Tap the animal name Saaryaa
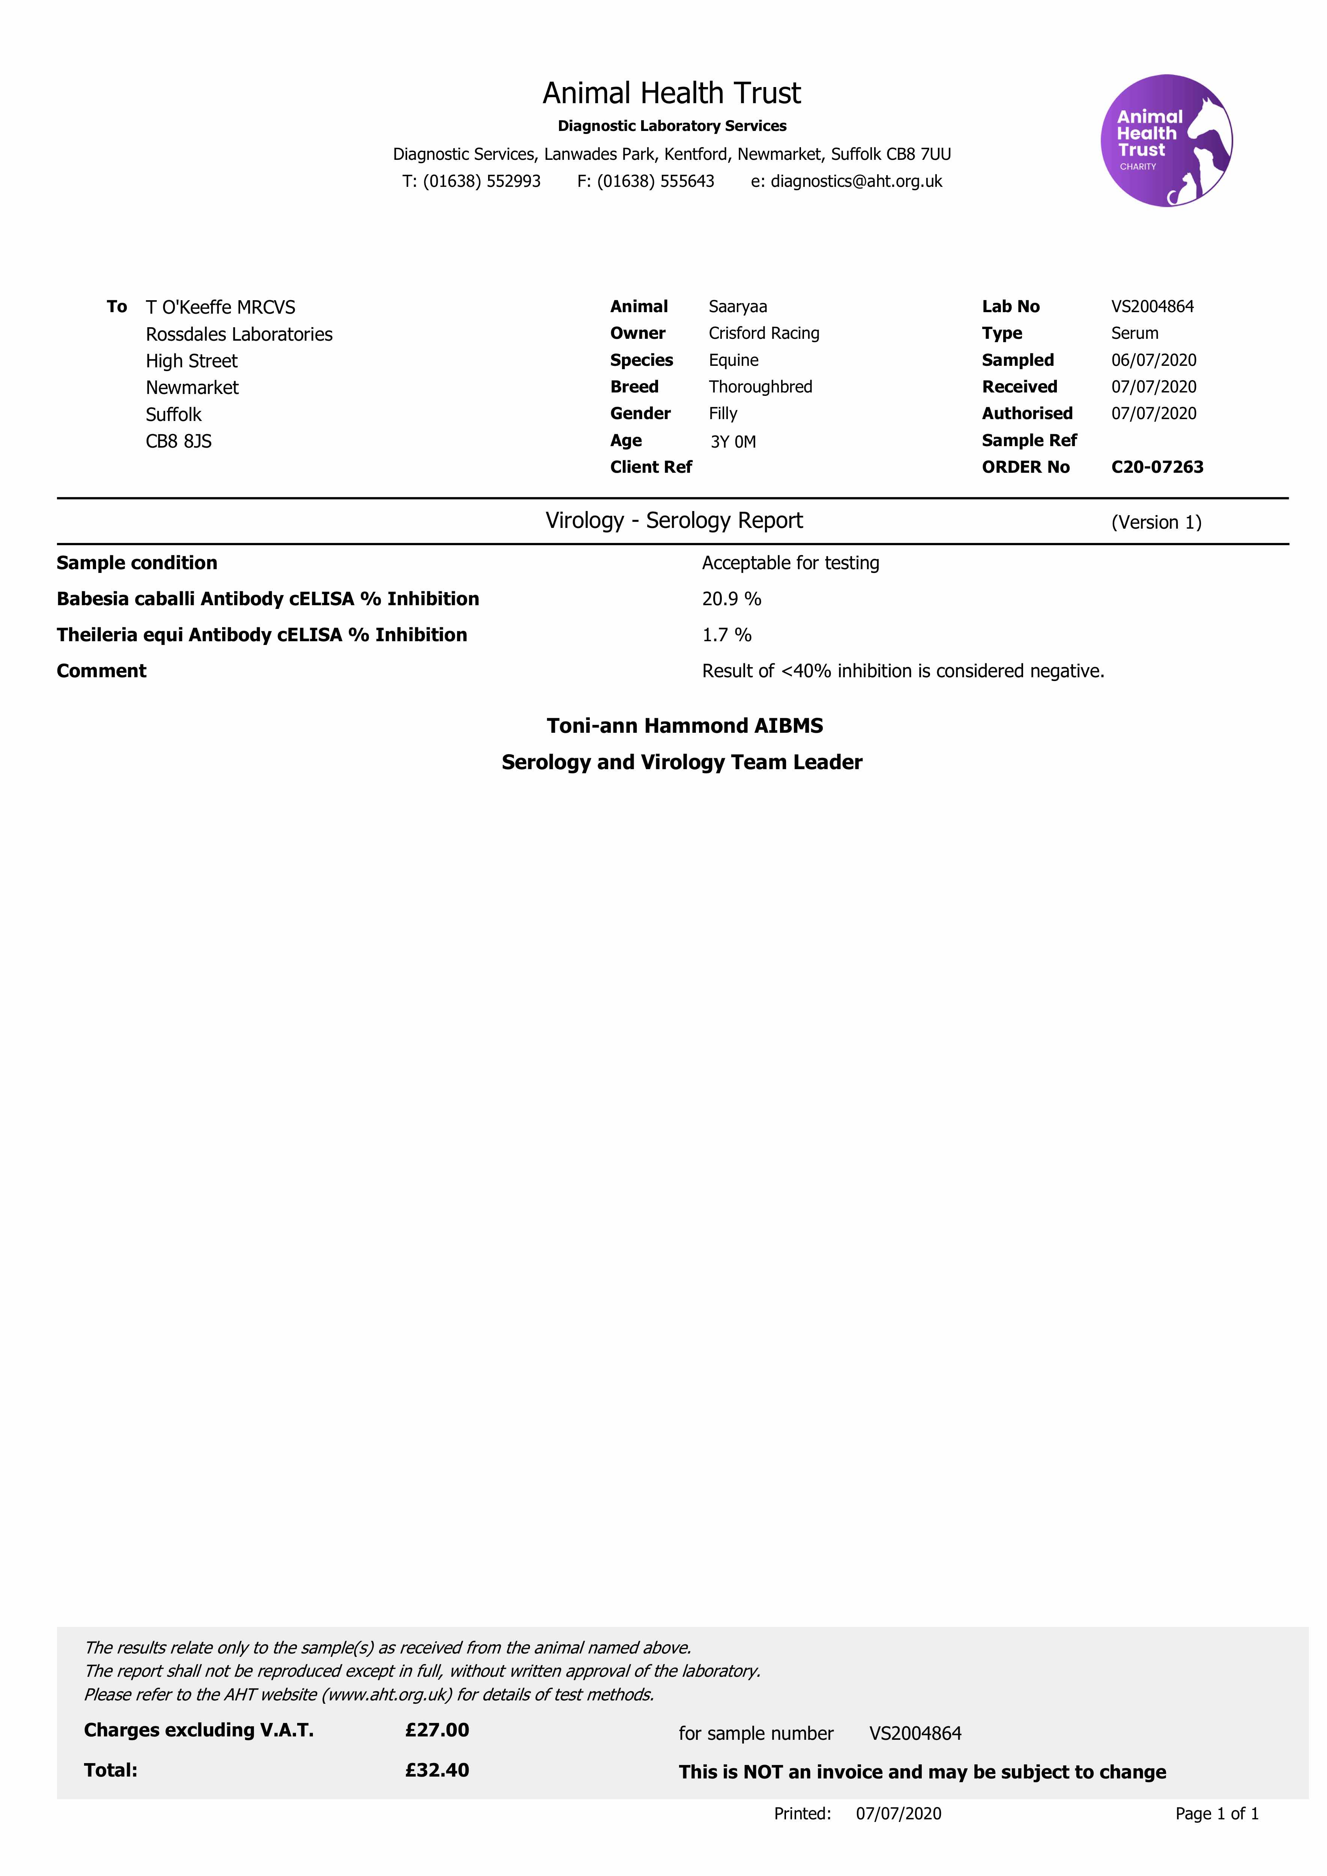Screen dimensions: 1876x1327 tap(738, 307)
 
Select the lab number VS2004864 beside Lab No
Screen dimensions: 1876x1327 tap(1152, 307)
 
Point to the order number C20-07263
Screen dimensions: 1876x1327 tap(1157, 467)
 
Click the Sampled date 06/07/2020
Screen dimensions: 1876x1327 tap(1153, 360)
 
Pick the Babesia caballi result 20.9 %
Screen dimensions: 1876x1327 tap(731, 599)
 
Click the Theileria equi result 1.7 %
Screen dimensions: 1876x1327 tap(726, 635)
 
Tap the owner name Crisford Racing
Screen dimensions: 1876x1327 tap(764, 334)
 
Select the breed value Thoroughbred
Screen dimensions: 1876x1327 tap(760, 387)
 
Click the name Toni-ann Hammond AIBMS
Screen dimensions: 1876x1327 tap(685, 726)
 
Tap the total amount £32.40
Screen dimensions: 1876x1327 tap(437, 1770)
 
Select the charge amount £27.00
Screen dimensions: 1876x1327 tap(437, 1730)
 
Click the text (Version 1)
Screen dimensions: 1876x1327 tap(1156, 522)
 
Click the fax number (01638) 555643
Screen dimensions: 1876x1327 tap(655, 181)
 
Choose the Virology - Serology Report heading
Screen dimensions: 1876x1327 tap(674, 520)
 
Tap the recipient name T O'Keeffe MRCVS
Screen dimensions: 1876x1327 tap(221, 307)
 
